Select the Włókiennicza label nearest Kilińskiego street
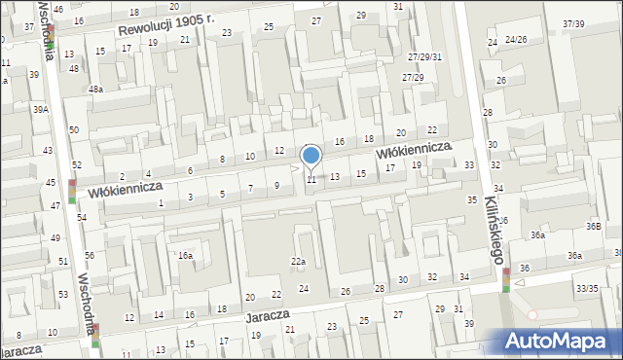[x=416, y=149]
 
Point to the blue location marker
[x=311, y=156]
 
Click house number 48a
[x=96, y=89]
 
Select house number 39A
[x=40, y=110]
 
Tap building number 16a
[x=184, y=255]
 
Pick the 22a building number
[x=299, y=261]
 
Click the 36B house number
[x=593, y=226]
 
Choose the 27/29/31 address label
[x=424, y=57]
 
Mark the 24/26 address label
[x=514, y=40]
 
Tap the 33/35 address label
[x=587, y=288]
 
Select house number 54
[x=82, y=217]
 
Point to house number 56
[x=89, y=255]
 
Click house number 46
[x=59, y=9]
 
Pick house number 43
[x=48, y=151]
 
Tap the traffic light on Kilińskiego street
[x=506, y=279]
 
